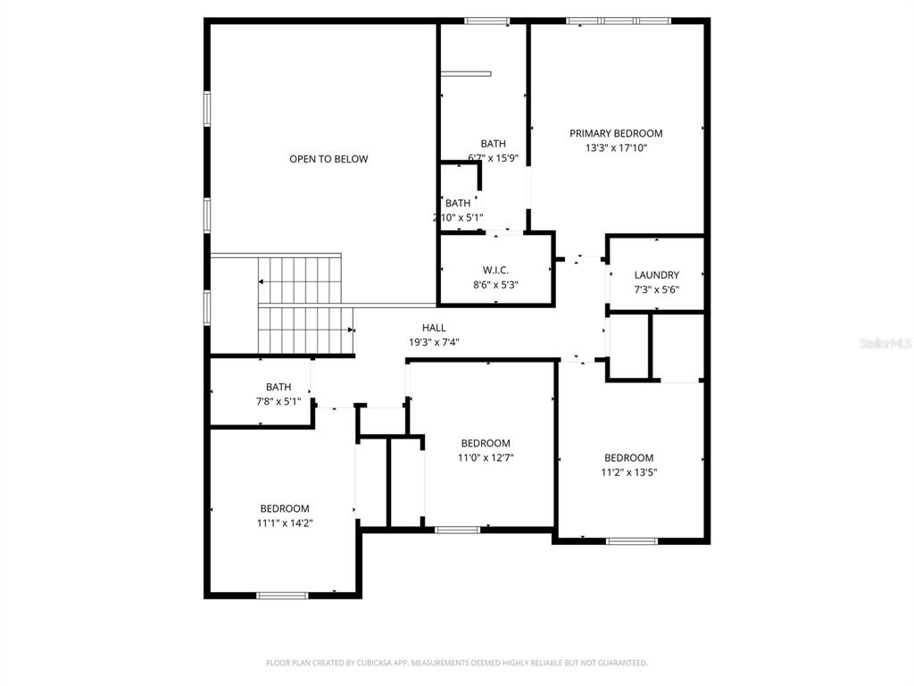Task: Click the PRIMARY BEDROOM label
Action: coord(616,134)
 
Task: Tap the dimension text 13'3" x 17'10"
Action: coord(616,148)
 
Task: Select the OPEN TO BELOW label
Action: coord(328,159)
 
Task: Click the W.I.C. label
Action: coord(495,270)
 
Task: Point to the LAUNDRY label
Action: coord(657,275)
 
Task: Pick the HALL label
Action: coord(434,328)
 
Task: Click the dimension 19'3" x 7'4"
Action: coord(434,342)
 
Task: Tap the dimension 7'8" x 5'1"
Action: coord(278,401)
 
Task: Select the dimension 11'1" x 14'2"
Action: coord(285,523)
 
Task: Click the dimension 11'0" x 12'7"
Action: coord(486,457)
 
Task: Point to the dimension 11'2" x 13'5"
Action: coord(628,473)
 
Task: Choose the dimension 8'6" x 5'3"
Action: coord(495,285)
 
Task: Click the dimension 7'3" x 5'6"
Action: coord(657,289)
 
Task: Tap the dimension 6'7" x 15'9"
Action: coord(493,158)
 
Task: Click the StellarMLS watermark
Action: coord(885,342)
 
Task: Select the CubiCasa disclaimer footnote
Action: coord(457,663)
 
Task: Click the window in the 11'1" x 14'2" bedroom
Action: coord(282,595)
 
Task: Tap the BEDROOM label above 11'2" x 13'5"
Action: coord(628,458)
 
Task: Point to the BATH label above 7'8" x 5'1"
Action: coord(278,387)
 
